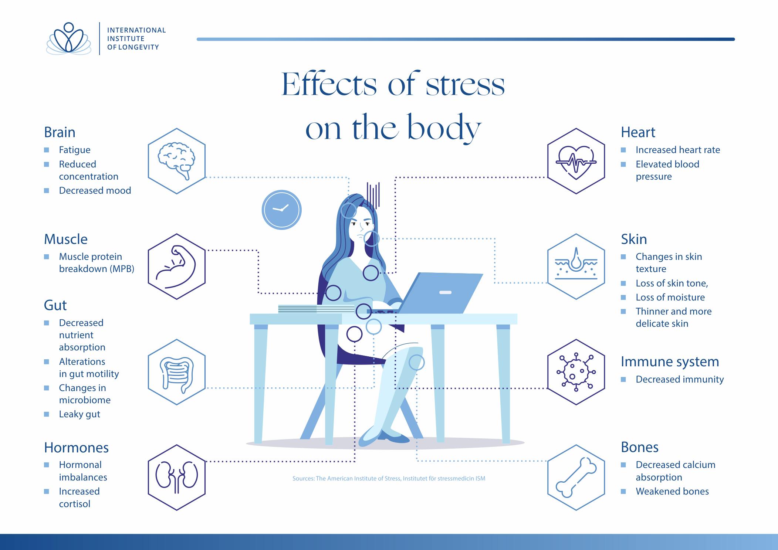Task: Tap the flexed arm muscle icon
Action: [x=177, y=266]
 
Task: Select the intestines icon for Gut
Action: [x=177, y=372]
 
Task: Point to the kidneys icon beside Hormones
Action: [x=177, y=477]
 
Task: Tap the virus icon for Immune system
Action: [x=576, y=372]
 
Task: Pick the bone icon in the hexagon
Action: [x=576, y=477]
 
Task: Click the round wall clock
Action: [x=282, y=210]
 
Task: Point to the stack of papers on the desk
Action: [x=316, y=309]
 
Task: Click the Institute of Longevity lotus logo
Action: [x=69, y=39]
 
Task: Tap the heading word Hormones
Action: [x=76, y=448]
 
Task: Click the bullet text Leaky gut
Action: [x=80, y=414]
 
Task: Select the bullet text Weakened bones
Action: [x=672, y=491]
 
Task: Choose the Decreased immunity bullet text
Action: [x=680, y=380]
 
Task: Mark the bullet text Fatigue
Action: [x=75, y=150]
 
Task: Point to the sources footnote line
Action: [x=389, y=479]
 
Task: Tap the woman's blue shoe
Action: [x=393, y=437]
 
